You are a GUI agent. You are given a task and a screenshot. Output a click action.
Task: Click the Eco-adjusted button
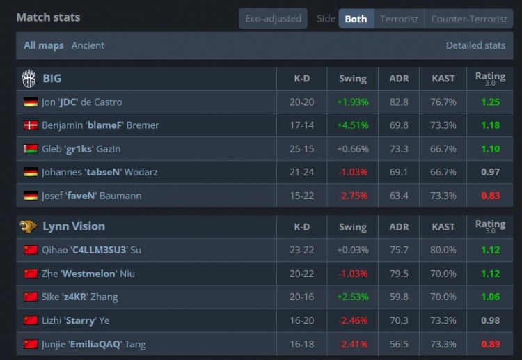click(273, 19)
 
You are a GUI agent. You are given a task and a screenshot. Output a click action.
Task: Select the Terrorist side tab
click(399, 19)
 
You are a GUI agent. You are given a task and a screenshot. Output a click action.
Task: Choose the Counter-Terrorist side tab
click(468, 19)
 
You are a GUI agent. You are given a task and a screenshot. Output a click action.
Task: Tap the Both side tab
click(356, 19)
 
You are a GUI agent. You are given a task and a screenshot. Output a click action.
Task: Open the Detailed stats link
click(475, 45)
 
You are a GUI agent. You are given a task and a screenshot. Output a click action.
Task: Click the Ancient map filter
click(88, 45)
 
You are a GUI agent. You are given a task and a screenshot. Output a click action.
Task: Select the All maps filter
click(44, 45)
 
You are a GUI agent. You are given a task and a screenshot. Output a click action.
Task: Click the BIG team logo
click(29, 79)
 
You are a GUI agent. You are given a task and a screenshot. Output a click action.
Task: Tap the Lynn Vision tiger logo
click(29, 226)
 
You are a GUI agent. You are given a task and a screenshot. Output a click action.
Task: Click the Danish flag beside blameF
click(31, 125)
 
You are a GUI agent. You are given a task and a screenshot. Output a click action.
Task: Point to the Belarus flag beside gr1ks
click(31, 149)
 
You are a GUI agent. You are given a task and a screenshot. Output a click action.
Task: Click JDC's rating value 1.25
click(491, 102)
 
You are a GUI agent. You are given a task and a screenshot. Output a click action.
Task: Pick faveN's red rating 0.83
click(491, 196)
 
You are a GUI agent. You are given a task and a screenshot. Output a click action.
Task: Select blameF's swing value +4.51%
click(353, 125)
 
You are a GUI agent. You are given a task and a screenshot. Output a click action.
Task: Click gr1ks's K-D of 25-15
click(301, 149)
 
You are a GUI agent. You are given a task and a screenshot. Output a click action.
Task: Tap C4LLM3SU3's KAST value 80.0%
click(443, 250)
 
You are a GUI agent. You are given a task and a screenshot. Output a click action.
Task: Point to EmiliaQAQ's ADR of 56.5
click(399, 344)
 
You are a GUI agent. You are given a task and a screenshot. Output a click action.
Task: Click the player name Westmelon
click(89, 274)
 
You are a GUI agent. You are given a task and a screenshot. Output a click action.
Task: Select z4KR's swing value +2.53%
click(353, 297)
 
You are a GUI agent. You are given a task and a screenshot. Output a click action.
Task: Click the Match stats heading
click(48, 17)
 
